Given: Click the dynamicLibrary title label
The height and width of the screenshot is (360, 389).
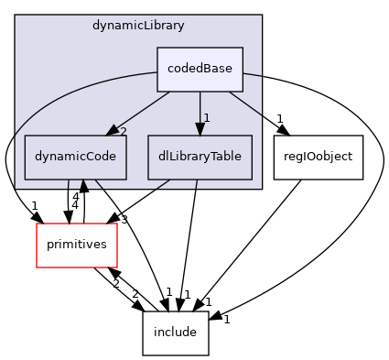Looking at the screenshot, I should [x=138, y=26].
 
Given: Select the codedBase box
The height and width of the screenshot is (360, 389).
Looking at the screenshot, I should [x=200, y=69].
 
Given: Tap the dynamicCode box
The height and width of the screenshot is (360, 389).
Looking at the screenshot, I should [x=75, y=157].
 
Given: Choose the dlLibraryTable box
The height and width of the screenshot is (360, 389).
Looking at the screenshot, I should [x=200, y=157].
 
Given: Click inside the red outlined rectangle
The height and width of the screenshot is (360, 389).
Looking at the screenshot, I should [x=77, y=245].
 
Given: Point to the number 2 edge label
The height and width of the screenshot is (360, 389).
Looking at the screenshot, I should [x=123, y=132].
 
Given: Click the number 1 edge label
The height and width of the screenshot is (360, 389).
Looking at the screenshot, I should [x=207, y=118].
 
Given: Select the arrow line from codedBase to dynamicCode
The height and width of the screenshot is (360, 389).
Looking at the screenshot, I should [x=142, y=110].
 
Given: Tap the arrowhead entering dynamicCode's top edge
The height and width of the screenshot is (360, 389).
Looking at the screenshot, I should [x=112, y=131].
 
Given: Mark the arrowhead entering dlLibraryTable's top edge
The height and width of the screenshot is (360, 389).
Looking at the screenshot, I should [x=200, y=129].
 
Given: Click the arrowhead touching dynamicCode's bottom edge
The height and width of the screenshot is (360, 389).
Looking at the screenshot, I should [x=83, y=184].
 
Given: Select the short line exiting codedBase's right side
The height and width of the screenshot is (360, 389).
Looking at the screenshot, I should [x=253, y=74].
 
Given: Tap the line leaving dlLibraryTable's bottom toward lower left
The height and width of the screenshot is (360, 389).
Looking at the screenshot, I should [x=162, y=184].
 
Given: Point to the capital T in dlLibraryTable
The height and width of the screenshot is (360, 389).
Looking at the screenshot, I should [x=207, y=157].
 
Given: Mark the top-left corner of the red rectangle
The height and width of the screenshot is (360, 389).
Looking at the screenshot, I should [x=37, y=224].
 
